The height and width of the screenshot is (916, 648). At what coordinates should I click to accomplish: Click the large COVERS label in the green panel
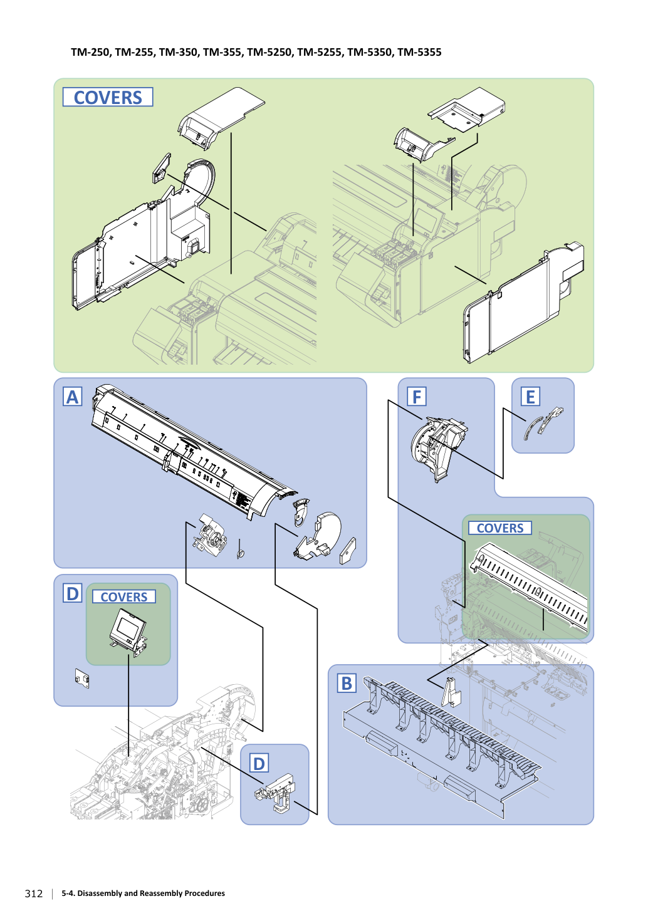[x=108, y=97]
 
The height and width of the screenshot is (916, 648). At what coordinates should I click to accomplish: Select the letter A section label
[x=73, y=397]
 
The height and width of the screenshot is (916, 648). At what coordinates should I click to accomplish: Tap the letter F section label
[x=417, y=397]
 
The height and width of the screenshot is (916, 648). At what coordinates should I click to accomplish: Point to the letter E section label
[x=530, y=397]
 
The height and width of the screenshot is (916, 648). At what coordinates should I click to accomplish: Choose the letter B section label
[x=347, y=684]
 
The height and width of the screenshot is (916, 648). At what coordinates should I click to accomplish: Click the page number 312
[x=34, y=893]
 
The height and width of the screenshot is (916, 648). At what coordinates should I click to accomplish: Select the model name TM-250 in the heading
[x=90, y=53]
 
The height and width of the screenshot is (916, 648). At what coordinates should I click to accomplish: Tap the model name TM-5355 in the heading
[x=419, y=53]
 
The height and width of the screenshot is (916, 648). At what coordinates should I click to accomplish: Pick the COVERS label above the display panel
[x=124, y=596]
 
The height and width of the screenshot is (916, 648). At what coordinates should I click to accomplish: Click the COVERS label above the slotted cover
[x=500, y=528]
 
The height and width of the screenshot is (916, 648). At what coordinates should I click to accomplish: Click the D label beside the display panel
[x=73, y=593]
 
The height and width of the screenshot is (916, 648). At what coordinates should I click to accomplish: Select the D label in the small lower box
[x=259, y=764]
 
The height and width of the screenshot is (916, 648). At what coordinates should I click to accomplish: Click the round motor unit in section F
[x=437, y=448]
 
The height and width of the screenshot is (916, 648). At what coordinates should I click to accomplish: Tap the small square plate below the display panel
[x=82, y=679]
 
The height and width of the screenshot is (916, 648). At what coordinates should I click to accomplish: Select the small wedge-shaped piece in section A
[x=348, y=551]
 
